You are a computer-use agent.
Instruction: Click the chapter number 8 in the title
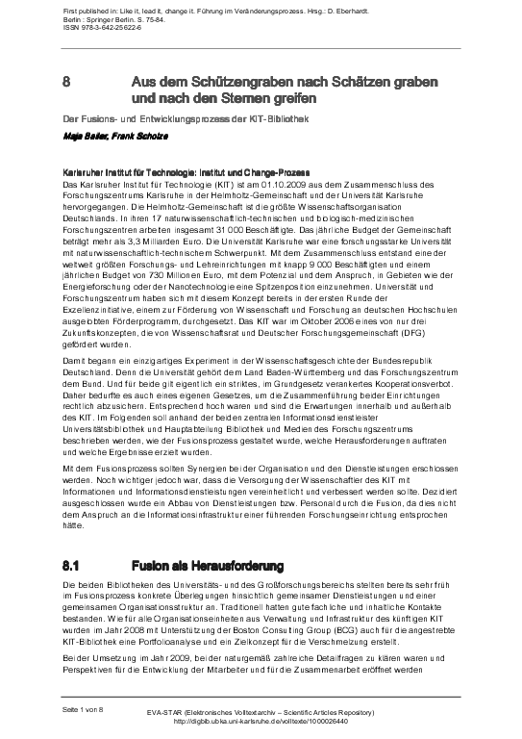(x=65, y=83)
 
